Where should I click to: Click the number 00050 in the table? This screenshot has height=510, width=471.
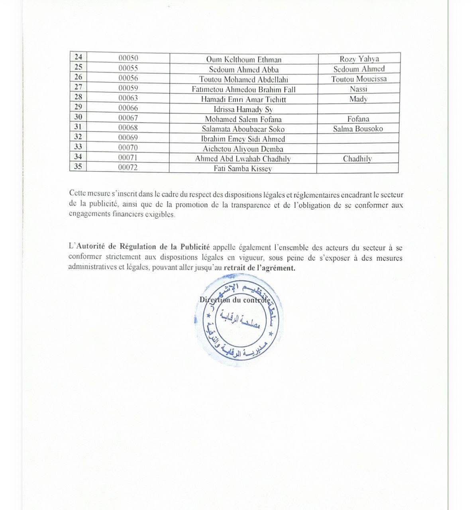128,58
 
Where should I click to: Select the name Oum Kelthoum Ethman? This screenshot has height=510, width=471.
243,60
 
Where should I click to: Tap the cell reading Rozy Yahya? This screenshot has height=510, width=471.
359,59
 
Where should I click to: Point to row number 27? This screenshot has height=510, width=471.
78,87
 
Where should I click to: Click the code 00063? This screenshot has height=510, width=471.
128,98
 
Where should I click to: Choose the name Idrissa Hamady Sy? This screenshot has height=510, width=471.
243,109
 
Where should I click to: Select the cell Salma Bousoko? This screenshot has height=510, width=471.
358,129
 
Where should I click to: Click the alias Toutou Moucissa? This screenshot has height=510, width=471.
359,79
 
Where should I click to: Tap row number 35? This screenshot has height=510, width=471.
78,167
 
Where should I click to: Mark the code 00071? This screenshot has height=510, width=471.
128,158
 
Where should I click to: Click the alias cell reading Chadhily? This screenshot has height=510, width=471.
357,159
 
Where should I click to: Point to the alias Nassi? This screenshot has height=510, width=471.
358,89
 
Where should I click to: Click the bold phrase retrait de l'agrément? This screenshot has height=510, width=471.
259,268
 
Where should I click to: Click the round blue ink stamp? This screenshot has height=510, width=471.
239,322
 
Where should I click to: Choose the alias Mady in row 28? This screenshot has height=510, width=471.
358,99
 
